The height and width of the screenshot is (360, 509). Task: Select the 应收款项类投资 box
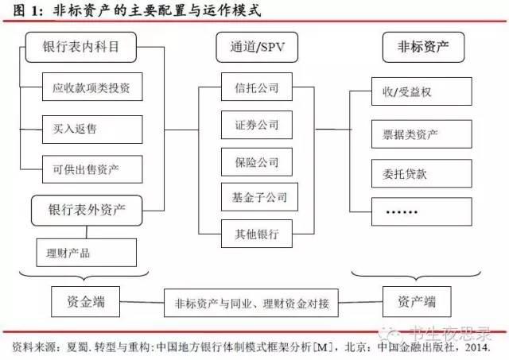(92, 87)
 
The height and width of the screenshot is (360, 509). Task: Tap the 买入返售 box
(92, 128)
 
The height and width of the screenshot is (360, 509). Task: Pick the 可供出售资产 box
(92, 168)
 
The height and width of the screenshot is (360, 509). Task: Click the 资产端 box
(415, 302)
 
